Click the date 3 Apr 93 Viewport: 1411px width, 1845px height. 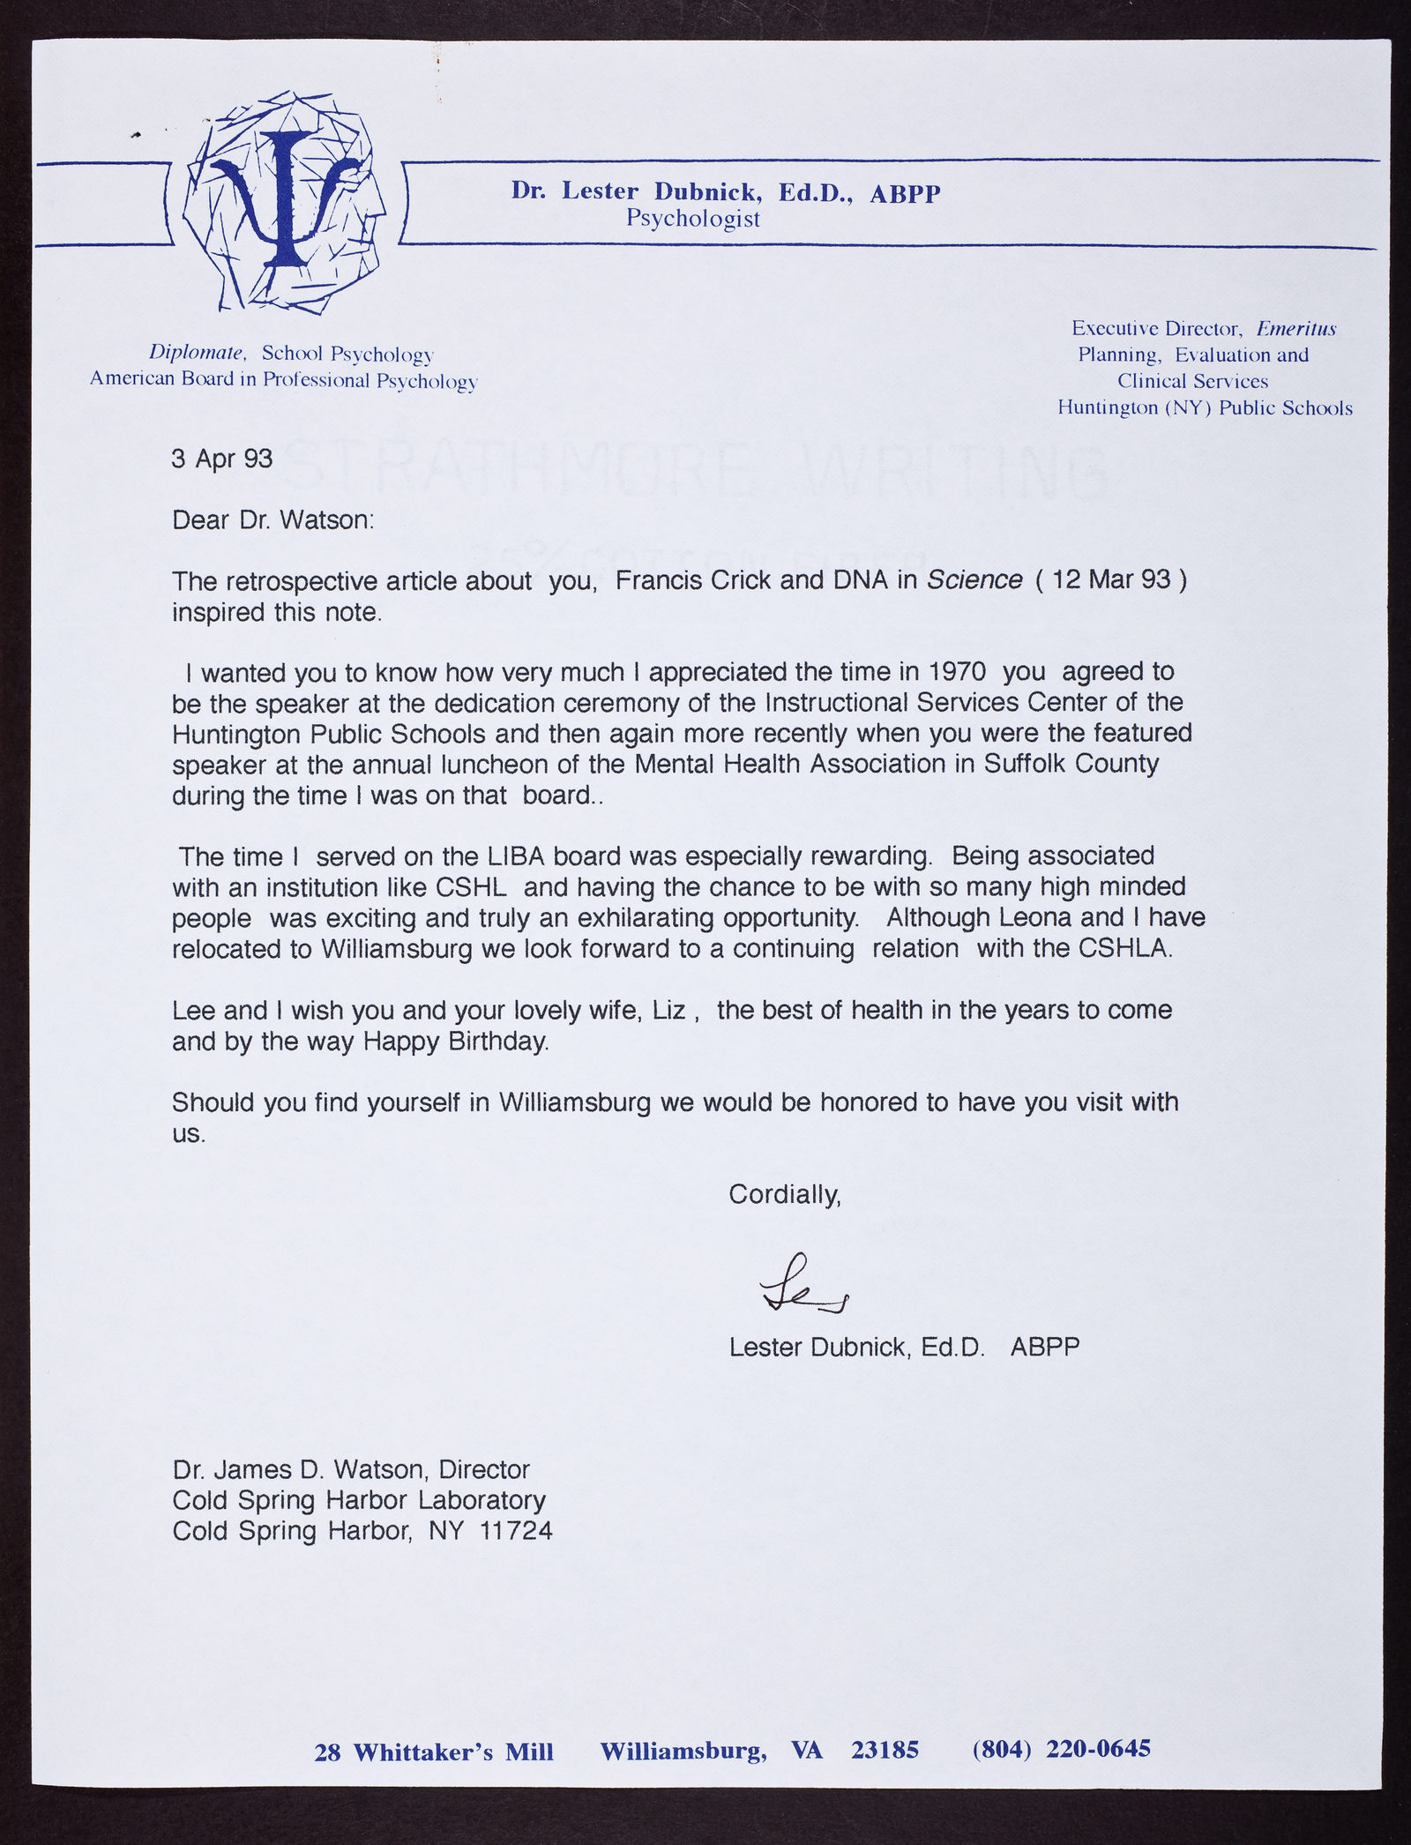(222, 459)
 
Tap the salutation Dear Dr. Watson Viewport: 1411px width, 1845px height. (273, 519)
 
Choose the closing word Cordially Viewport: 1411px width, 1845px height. (784, 1194)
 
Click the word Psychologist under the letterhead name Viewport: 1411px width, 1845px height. (693, 218)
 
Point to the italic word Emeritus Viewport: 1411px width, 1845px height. (1296, 329)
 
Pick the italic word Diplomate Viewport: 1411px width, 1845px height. (197, 353)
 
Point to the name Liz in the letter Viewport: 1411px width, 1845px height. (668, 1010)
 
